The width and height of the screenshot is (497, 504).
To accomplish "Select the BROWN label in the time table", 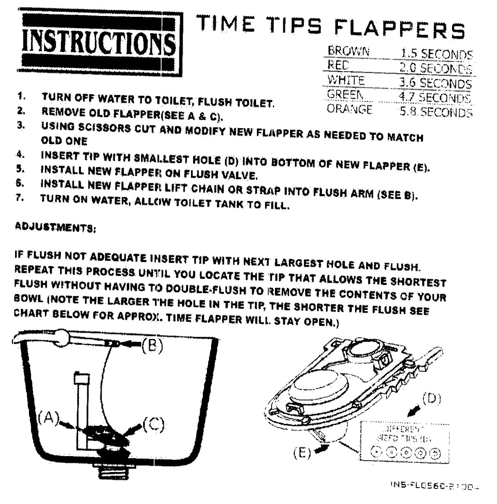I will pyautogui.click(x=348, y=51).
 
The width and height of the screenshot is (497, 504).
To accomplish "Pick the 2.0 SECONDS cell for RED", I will pyautogui.click(x=435, y=68).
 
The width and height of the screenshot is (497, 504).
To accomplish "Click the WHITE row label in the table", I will pyautogui.click(x=345, y=80).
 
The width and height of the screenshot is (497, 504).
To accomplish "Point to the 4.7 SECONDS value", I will pyautogui.click(x=434, y=97).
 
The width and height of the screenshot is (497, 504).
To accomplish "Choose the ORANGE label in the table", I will pyautogui.click(x=349, y=109).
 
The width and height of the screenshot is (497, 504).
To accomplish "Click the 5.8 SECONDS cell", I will pyautogui.click(x=435, y=112).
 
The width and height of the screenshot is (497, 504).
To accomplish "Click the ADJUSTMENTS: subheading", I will pyautogui.click(x=55, y=228).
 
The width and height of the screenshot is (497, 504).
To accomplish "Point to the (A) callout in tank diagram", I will pyautogui.click(x=47, y=418).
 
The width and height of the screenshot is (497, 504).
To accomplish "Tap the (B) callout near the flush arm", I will pyautogui.click(x=152, y=345).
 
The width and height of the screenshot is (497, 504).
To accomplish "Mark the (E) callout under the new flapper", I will pyautogui.click(x=302, y=453).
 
